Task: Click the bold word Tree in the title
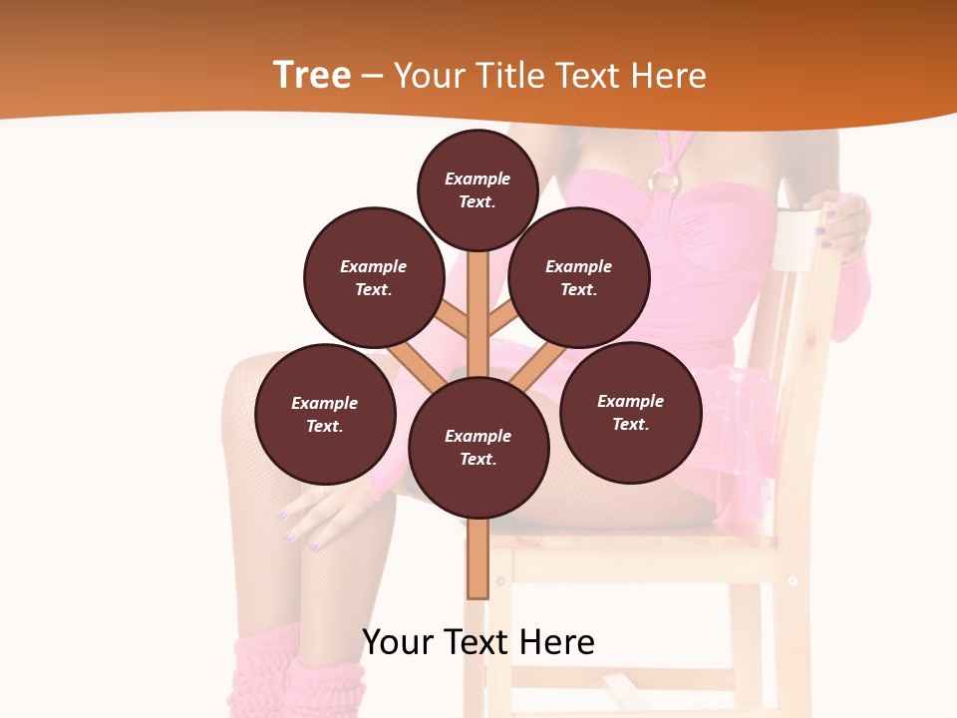[312, 76]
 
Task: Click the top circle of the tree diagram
[478, 189]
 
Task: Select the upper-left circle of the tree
[374, 277]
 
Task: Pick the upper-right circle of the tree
[579, 277]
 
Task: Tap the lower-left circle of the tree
[325, 414]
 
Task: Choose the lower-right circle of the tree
[630, 412]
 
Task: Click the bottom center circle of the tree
[478, 448]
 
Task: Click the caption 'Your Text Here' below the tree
[478, 642]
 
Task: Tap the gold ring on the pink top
[664, 181]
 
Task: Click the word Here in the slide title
[666, 76]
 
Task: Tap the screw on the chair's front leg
[793, 580]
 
